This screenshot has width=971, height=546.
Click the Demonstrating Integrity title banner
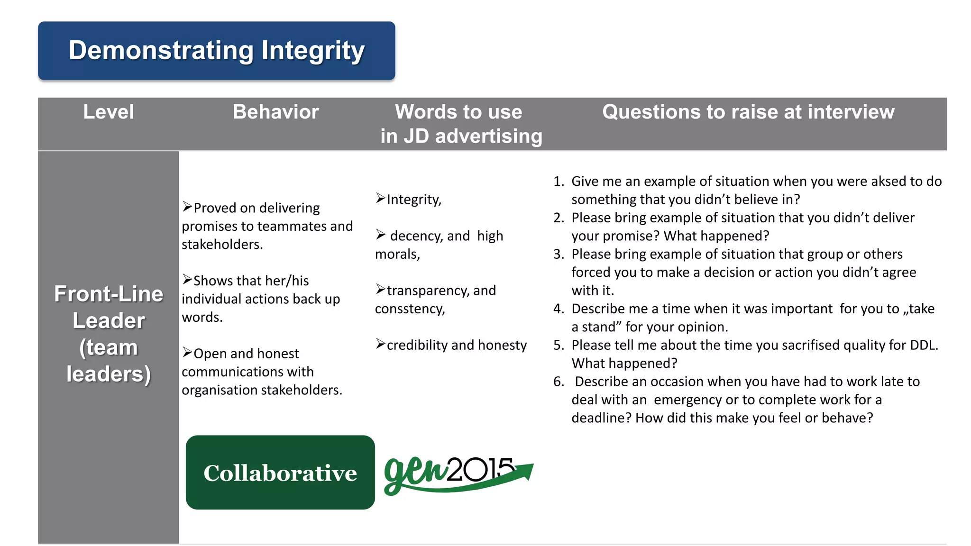point(217,51)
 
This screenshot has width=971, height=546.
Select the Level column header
point(109,112)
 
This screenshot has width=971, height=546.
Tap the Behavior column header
point(275,112)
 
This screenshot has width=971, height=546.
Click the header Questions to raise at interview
point(748,112)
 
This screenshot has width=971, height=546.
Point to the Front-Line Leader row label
point(109,334)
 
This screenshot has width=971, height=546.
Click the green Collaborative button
point(280,473)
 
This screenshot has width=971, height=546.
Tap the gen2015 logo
point(458,474)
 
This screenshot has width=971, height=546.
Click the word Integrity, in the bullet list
point(414,200)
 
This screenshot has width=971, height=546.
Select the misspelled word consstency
point(410,309)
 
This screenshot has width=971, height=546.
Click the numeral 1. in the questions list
point(559,182)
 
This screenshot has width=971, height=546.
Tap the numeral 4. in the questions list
point(559,309)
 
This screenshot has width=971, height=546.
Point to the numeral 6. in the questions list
point(559,382)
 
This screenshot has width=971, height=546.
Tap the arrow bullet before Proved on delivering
point(187,207)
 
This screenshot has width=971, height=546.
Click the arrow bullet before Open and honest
point(187,353)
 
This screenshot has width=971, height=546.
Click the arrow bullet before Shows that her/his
point(187,280)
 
